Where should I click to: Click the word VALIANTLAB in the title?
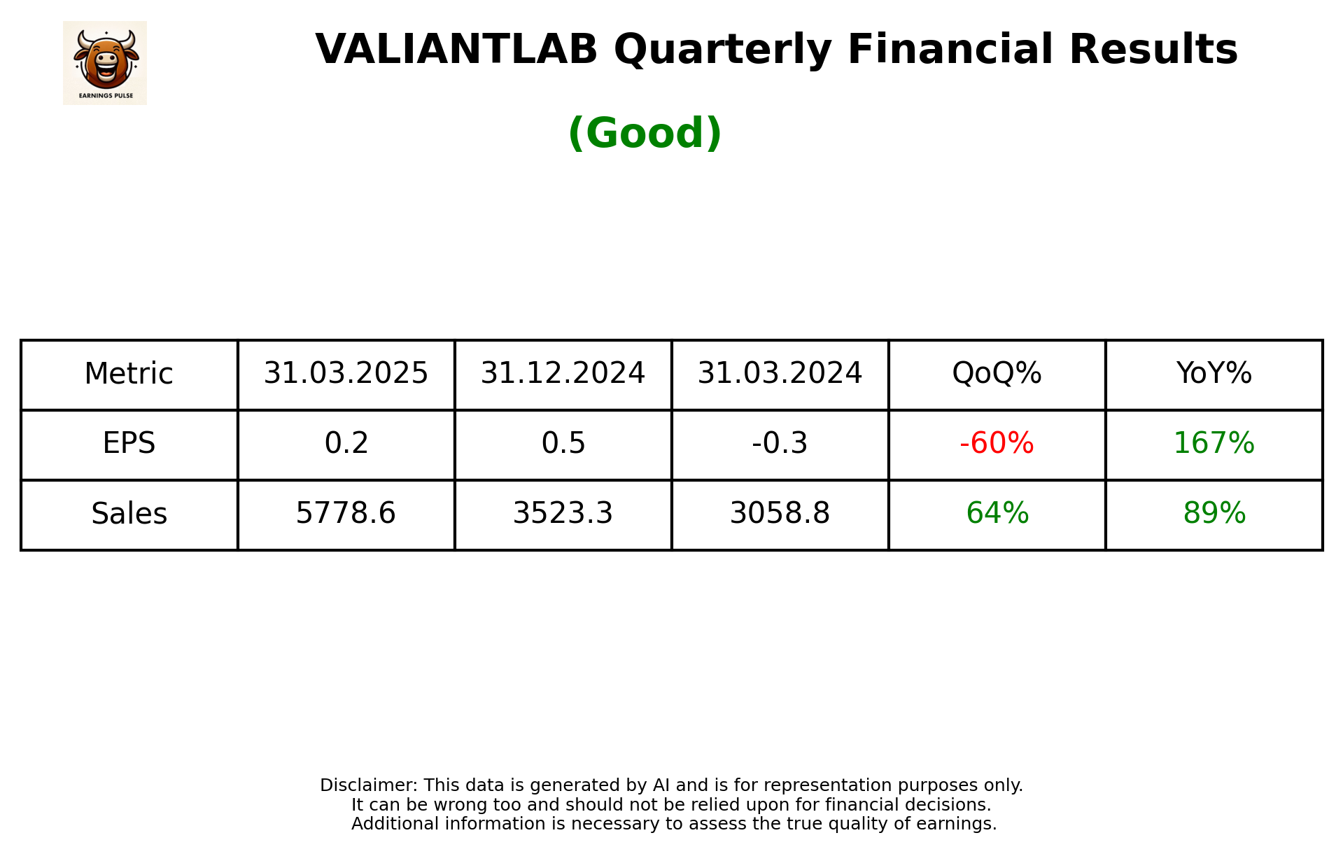click(x=456, y=50)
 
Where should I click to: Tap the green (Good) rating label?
click(x=645, y=133)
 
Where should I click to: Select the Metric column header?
click(x=129, y=374)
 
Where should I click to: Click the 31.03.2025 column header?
click(x=346, y=373)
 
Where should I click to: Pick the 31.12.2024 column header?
click(x=563, y=373)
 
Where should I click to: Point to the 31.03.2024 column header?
click(x=780, y=373)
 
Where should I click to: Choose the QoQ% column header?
click(x=997, y=373)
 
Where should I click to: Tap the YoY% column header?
click(x=1214, y=373)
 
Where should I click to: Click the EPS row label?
click(x=129, y=443)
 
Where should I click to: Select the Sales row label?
click(x=129, y=514)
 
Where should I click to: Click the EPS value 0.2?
click(x=346, y=443)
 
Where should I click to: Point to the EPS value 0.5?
click(x=563, y=443)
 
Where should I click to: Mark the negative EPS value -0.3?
click(x=780, y=443)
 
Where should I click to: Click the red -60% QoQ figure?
click(x=997, y=443)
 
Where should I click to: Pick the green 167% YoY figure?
click(x=1214, y=443)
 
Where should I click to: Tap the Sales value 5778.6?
click(x=346, y=513)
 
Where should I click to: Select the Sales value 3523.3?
click(x=563, y=513)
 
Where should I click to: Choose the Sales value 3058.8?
click(x=780, y=513)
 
